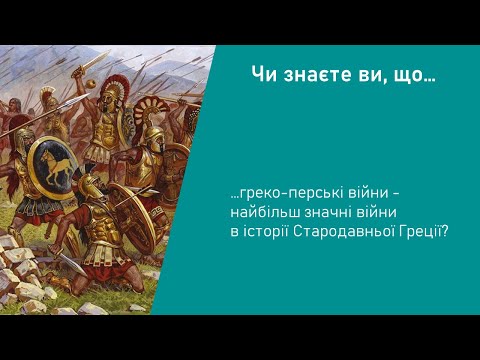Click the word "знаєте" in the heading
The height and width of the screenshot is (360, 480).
click(x=313, y=74)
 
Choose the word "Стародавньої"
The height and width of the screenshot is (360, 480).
click(x=355, y=230)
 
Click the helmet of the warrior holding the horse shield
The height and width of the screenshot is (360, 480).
click(x=45, y=100)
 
